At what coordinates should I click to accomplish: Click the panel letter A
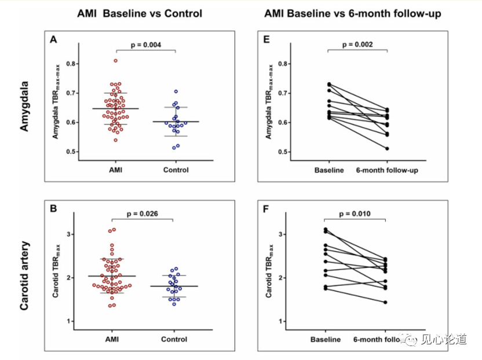click(x=54, y=40)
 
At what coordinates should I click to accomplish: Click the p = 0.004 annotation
click(x=145, y=44)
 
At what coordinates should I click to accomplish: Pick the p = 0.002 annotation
click(x=356, y=44)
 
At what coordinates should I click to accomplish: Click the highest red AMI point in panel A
click(x=116, y=60)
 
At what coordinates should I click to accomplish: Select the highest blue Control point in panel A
click(x=176, y=91)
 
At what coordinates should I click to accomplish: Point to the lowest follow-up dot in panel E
click(x=386, y=149)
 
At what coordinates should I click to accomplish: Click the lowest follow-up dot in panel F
click(x=385, y=302)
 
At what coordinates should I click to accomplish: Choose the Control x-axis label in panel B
click(x=175, y=339)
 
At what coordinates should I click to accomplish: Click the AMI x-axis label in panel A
click(x=115, y=170)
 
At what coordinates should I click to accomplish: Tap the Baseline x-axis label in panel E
click(x=329, y=170)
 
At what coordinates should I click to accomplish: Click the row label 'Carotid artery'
click(x=25, y=277)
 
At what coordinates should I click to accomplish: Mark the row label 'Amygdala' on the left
click(x=25, y=108)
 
